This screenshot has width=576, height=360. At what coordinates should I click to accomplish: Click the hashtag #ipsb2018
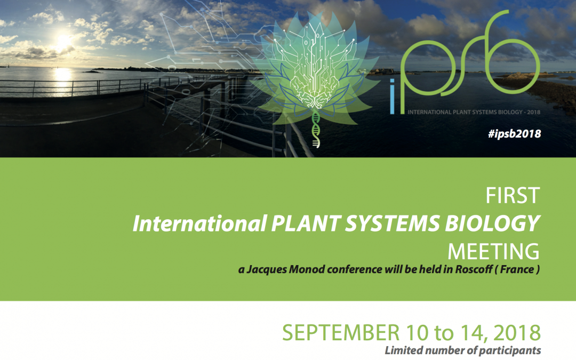coord(514,134)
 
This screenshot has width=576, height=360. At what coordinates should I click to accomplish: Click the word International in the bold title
coord(196,225)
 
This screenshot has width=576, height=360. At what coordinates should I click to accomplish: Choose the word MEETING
coord(494,251)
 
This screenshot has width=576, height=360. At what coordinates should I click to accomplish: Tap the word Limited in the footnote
coord(403,350)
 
